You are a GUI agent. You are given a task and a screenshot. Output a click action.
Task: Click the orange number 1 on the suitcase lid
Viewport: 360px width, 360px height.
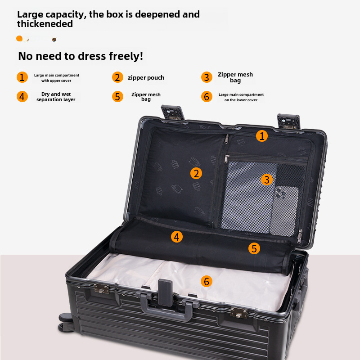pyautogui.click(x=262, y=136)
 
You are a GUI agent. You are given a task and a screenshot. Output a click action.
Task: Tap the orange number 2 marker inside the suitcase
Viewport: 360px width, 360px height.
pyautogui.click(x=196, y=173)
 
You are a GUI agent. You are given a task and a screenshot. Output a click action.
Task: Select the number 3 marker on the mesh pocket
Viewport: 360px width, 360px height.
pyautogui.click(x=267, y=180)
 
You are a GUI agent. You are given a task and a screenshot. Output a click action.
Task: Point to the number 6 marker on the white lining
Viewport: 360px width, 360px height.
pyautogui.click(x=207, y=282)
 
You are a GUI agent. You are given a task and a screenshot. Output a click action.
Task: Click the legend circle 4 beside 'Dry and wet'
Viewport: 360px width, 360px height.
pyautogui.click(x=22, y=97)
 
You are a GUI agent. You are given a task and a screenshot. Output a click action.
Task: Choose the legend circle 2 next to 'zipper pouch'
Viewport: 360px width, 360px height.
pyautogui.click(x=117, y=77)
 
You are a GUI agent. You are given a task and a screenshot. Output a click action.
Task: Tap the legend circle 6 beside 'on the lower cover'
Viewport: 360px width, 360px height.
pyautogui.click(x=207, y=97)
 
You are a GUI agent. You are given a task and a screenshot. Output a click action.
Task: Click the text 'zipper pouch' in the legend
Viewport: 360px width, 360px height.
pyautogui.click(x=146, y=78)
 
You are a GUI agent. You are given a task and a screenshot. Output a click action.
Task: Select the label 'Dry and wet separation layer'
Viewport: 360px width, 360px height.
pyautogui.click(x=56, y=97)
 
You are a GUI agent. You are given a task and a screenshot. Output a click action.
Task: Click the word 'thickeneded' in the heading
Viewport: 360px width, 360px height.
pyautogui.click(x=45, y=24)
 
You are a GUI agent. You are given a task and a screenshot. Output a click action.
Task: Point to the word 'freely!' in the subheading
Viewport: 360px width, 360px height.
pyautogui.click(x=126, y=56)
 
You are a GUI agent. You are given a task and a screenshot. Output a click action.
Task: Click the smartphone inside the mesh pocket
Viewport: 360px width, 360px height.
pyautogui.click(x=284, y=211)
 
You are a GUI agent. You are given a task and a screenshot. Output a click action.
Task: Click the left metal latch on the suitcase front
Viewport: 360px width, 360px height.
pyautogui.click(x=102, y=288)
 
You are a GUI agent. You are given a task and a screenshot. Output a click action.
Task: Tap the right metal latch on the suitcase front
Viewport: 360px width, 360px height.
pyautogui.click(x=239, y=313)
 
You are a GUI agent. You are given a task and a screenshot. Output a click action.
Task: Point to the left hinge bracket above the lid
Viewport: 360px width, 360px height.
pyautogui.click(x=173, y=112)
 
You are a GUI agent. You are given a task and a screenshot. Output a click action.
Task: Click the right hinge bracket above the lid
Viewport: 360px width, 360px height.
pyautogui.click(x=288, y=121)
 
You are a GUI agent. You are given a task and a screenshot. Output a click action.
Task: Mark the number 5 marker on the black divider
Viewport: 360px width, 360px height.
pyautogui.click(x=254, y=248)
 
